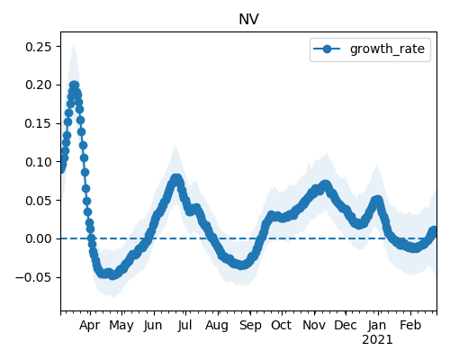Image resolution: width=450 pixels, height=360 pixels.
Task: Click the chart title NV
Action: (248, 20)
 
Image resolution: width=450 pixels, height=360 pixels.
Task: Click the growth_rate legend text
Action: (387, 49)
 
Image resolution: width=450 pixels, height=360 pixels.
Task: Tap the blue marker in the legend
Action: (327, 49)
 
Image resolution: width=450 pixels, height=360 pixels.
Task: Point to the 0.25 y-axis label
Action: (39, 47)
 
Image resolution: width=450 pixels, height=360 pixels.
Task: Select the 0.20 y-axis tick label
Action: (39, 85)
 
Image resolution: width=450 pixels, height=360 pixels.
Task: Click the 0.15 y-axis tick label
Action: (39, 123)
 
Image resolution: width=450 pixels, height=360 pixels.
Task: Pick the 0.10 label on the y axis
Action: (39, 162)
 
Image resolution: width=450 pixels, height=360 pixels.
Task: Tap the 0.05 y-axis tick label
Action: (39, 201)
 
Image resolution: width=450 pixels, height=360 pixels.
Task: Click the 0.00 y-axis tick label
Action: (39, 238)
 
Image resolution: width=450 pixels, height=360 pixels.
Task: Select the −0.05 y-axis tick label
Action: (33, 277)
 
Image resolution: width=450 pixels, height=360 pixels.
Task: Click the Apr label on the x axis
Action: (89, 325)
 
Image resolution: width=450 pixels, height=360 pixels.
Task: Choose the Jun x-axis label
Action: (153, 325)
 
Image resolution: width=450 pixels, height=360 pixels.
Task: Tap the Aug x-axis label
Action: (217, 326)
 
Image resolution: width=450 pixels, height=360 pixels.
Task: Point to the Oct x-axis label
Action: (282, 325)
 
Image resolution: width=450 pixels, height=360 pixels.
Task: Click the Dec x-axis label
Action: (346, 325)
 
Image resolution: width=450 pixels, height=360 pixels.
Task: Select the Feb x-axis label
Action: (410, 325)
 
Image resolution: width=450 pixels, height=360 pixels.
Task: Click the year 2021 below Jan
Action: (377, 340)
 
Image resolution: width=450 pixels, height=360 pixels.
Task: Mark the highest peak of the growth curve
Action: (74, 85)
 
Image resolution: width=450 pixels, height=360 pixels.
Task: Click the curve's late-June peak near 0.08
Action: (176, 178)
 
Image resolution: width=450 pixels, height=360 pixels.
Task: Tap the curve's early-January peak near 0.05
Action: (377, 200)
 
